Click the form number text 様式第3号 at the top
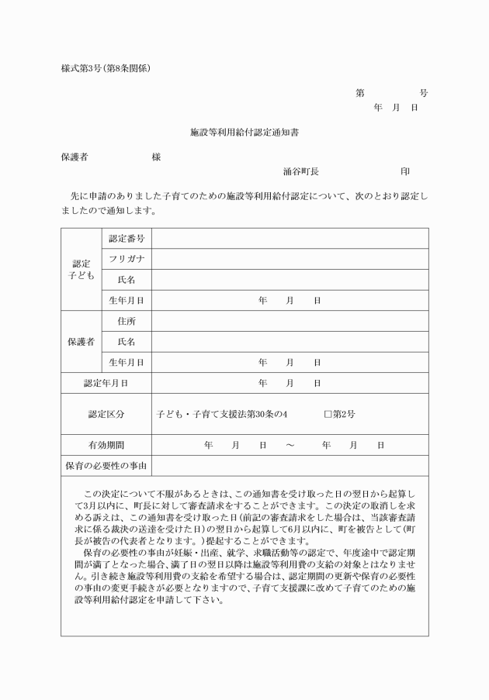(x=81, y=68)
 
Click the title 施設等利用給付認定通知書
(x=244, y=133)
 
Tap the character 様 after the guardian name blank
(x=156, y=157)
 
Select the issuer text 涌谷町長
(x=301, y=171)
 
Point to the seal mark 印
(x=404, y=171)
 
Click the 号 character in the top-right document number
(x=423, y=93)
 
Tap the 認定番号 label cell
(x=127, y=238)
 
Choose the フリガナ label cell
(x=127, y=259)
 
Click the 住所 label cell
(x=127, y=321)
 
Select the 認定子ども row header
(x=81, y=269)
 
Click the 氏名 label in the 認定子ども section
(x=127, y=280)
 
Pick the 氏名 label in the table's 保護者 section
(x=127, y=342)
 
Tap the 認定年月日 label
(x=106, y=383)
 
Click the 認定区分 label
(x=106, y=414)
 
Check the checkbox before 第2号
(x=328, y=414)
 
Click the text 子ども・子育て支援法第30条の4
(x=222, y=414)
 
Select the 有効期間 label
(x=106, y=445)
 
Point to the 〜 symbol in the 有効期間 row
(x=289, y=445)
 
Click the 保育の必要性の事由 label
(x=106, y=466)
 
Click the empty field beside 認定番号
(x=290, y=238)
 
